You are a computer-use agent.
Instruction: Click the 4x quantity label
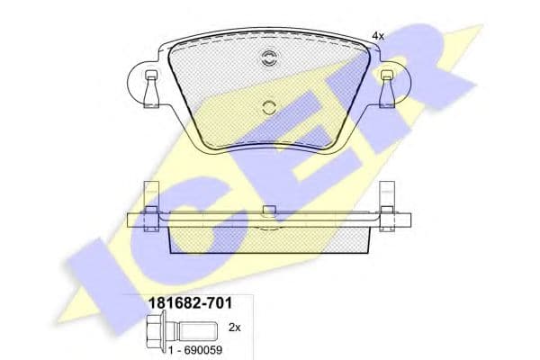(377, 35)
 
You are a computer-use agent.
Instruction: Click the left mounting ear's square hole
(149, 75)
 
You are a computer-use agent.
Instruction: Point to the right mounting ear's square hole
(386, 75)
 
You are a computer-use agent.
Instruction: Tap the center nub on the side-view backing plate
(267, 211)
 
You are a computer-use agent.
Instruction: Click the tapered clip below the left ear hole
(149, 92)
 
